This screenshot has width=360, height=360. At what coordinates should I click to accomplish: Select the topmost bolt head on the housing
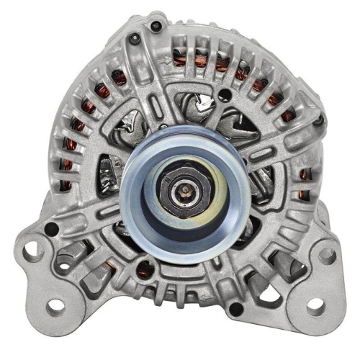156,27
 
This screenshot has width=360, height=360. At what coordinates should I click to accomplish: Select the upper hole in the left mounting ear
30,251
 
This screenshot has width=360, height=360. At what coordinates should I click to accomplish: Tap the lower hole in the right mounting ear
315,305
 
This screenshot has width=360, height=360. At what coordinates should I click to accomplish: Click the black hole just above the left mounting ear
52,230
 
